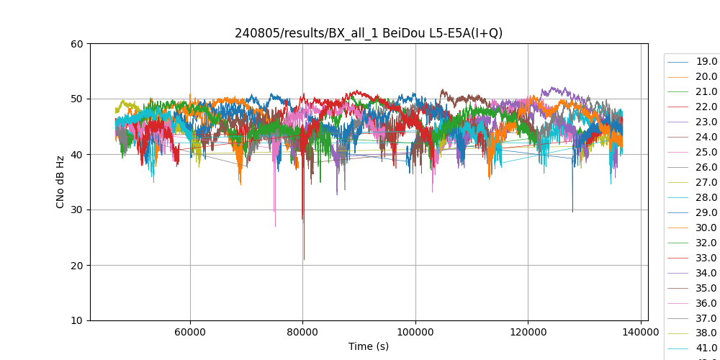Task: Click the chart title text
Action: tap(369, 33)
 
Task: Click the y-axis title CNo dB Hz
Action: tap(60, 182)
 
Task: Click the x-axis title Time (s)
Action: tap(369, 346)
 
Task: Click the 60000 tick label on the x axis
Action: tap(190, 332)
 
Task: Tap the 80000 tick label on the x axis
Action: tap(302, 332)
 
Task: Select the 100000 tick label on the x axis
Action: tap(415, 332)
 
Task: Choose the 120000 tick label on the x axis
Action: tap(528, 332)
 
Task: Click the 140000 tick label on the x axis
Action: tap(641, 332)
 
